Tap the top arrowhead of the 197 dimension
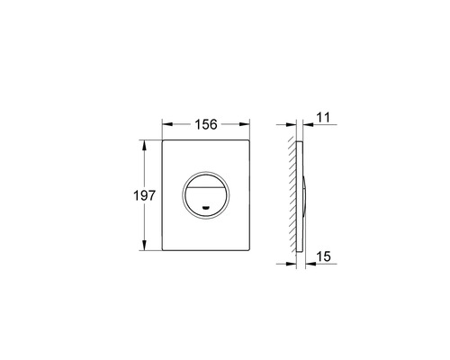coord(144,142)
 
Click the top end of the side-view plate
coord(301,141)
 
